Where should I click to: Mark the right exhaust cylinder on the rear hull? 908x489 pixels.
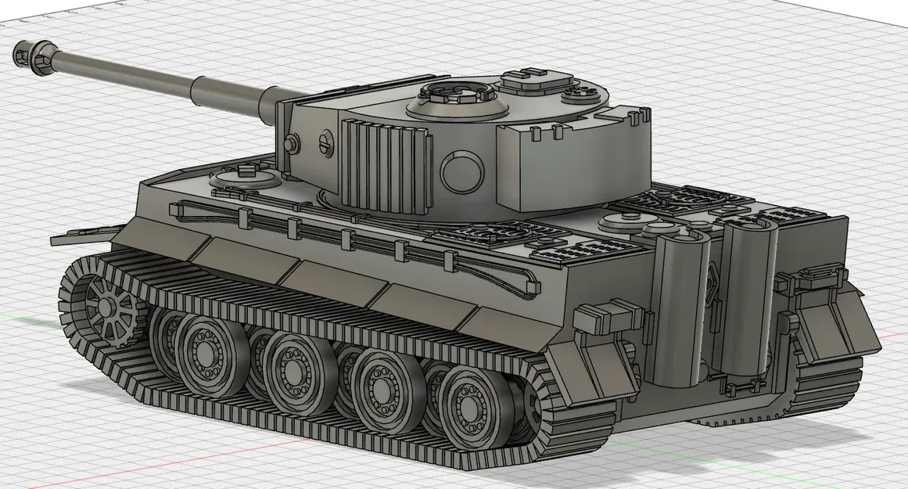[x=747, y=293]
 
